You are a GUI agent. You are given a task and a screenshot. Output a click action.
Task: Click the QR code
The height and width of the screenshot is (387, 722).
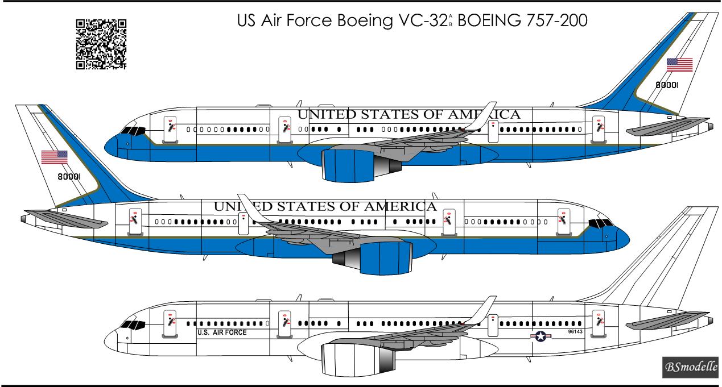point(101,44)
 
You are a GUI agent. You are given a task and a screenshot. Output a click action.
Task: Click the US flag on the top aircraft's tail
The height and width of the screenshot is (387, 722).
point(679,64)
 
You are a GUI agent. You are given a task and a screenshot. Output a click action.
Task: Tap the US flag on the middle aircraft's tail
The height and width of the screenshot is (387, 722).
point(54,157)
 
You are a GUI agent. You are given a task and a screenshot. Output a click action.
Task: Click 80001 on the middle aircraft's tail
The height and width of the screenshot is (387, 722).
point(69,177)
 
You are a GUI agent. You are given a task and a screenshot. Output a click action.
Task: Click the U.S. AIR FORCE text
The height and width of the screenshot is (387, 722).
point(222,332)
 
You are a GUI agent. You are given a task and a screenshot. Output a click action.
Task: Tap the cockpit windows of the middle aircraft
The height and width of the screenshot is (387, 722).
point(601,222)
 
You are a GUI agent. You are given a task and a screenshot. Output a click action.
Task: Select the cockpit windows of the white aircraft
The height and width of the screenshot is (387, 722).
point(132,325)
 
